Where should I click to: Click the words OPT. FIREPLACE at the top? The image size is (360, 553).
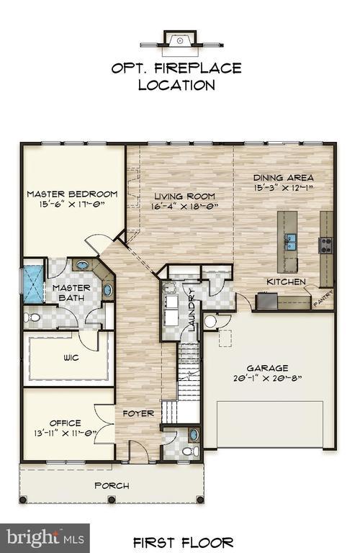(176, 69)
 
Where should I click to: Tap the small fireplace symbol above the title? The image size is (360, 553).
(179, 40)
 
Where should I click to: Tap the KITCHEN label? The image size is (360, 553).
(286, 282)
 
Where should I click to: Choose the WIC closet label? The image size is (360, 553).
(71, 357)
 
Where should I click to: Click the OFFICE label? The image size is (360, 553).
(65, 423)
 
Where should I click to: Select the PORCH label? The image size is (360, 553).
(112, 485)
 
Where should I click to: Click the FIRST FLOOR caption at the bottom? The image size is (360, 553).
(183, 541)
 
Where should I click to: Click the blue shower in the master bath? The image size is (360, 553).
(33, 284)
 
